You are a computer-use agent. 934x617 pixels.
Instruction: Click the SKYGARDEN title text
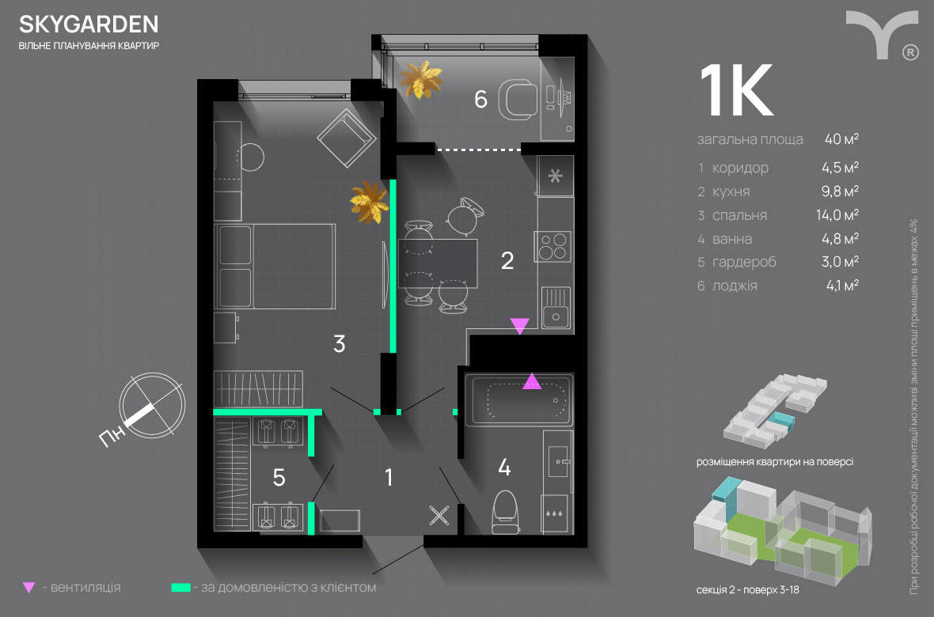(x=89, y=24)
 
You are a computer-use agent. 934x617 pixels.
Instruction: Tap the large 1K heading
(x=737, y=90)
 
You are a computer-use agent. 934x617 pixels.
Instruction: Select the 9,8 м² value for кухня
(x=840, y=191)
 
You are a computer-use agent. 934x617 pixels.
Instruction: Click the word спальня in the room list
(x=740, y=216)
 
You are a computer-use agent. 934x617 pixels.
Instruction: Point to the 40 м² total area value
(x=841, y=138)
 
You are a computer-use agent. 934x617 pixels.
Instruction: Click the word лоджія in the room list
(x=735, y=286)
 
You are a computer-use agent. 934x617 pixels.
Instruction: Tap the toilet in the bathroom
(x=507, y=512)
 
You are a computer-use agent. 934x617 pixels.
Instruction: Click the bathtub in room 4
(x=518, y=399)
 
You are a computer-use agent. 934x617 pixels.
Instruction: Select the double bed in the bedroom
(x=275, y=267)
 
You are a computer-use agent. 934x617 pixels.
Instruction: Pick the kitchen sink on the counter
(x=556, y=307)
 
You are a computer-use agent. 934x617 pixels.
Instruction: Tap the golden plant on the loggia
(x=422, y=79)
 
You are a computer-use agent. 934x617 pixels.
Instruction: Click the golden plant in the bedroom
(x=370, y=203)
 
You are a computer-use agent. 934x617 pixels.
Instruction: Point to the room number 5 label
(x=279, y=478)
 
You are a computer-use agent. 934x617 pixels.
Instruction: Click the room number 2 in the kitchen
(x=507, y=260)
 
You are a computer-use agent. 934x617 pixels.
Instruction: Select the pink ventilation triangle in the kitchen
(x=519, y=325)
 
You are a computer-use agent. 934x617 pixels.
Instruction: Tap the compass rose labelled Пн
(x=152, y=406)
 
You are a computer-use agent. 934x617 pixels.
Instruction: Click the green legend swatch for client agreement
(x=181, y=587)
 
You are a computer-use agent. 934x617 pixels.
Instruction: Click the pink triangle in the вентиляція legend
(x=28, y=587)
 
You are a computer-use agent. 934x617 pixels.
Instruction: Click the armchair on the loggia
(x=517, y=100)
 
